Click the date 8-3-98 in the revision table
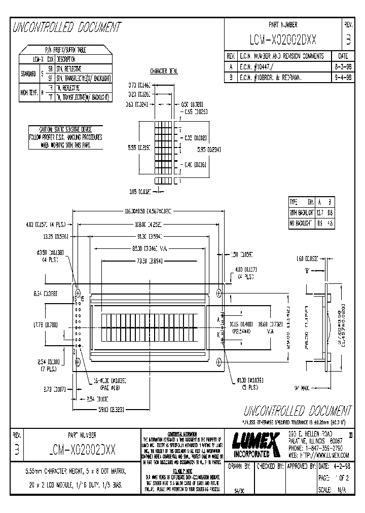[x=341, y=66]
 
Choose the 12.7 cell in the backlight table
[x=319, y=212]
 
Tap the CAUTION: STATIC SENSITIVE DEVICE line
[x=65, y=130]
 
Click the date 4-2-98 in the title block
[x=342, y=466]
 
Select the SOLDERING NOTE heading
[x=183, y=471]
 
